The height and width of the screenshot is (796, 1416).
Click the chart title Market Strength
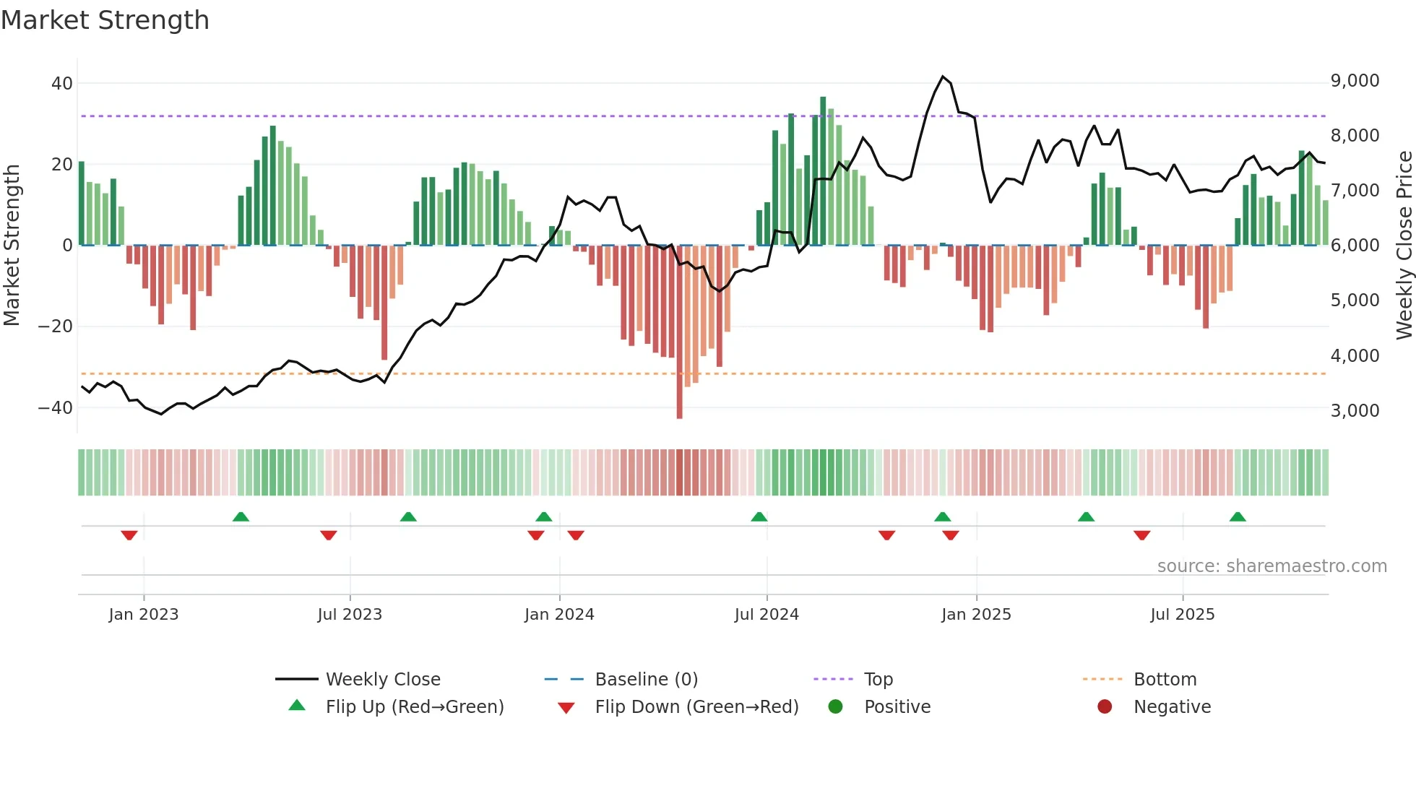[105, 20]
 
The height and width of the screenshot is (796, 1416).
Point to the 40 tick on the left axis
[62, 83]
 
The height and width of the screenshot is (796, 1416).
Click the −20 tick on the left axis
[56, 326]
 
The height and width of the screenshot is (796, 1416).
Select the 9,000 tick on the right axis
[1355, 81]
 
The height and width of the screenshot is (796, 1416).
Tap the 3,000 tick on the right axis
[1355, 410]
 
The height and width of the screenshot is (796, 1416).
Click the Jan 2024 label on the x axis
[559, 615]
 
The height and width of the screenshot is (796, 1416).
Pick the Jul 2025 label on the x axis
[1182, 615]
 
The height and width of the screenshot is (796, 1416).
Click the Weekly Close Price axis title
[1404, 246]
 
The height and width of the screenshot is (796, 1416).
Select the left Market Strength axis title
[12, 246]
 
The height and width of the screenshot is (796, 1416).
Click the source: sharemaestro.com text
[1272, 566]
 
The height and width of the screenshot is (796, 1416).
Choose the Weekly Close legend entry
[382, 680]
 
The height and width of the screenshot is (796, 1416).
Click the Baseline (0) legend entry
[646, 680]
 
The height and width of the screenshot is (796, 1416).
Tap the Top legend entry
[878, 680]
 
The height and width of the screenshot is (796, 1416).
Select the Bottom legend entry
[1165, 680]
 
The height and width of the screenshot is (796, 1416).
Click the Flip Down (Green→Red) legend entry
[696, 707]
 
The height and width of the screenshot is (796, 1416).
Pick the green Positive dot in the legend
[836, 707]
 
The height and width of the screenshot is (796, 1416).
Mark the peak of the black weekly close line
[943, 77]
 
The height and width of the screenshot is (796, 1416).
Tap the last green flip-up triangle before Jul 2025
[1086, 516]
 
